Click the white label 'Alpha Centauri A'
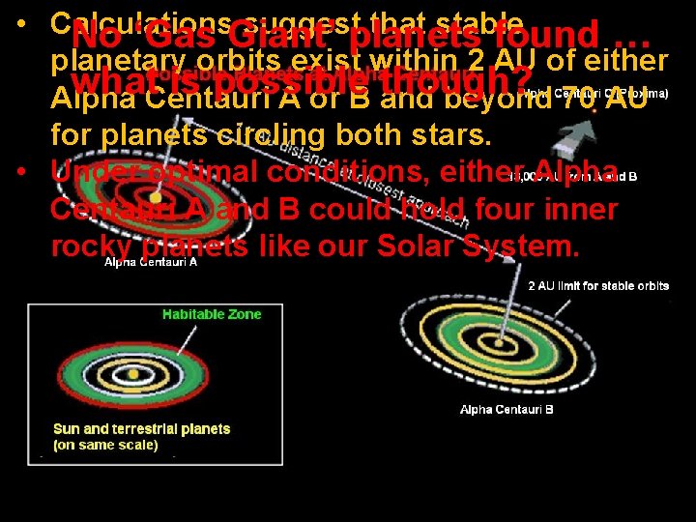click(x=151, y=261)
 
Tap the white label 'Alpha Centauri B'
click(x=507, y=410)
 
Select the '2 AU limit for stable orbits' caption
click(x=598, y=286)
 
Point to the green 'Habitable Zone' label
click(x=212, y=315)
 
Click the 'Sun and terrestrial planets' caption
click(x=141, y=428)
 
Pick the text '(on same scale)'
click(x=105, y=445)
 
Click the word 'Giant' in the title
click(x=251, y=40)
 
